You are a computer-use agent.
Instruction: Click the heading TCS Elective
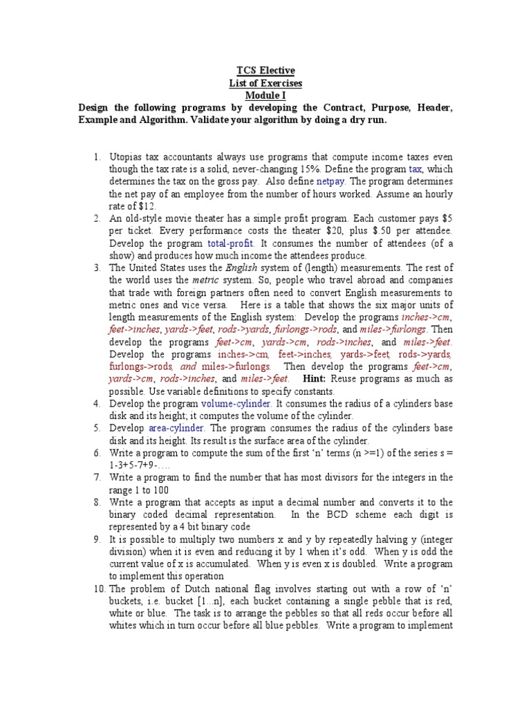point(265,71)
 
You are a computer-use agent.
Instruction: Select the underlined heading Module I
point(265,95)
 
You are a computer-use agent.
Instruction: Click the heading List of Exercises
point(265,83)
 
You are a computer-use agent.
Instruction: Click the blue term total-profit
point(231,243)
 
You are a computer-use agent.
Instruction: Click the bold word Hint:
point(313,379)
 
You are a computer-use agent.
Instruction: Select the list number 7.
point(97,478)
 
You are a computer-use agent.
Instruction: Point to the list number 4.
point(97,403)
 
